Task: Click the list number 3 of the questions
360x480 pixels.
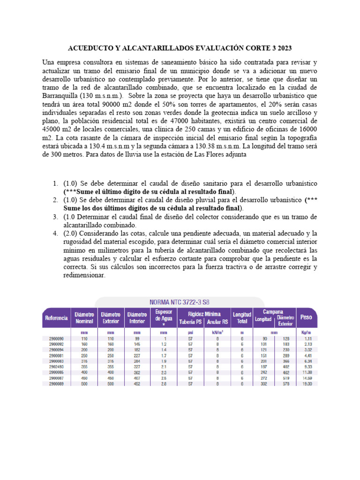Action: [55, 217]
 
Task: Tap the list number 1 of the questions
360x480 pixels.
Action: [55, 183]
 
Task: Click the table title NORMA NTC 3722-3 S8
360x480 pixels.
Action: [180, 302]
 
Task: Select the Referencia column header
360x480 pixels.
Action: [56, 317]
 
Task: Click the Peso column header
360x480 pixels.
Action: [306, 317]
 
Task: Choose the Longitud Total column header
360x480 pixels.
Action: [242, 317]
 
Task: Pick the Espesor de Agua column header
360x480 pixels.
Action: [163, 317]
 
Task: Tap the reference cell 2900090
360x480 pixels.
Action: [56, 338]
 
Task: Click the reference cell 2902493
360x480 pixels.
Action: [56, 366]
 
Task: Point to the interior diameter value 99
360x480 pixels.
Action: [137, 338]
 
